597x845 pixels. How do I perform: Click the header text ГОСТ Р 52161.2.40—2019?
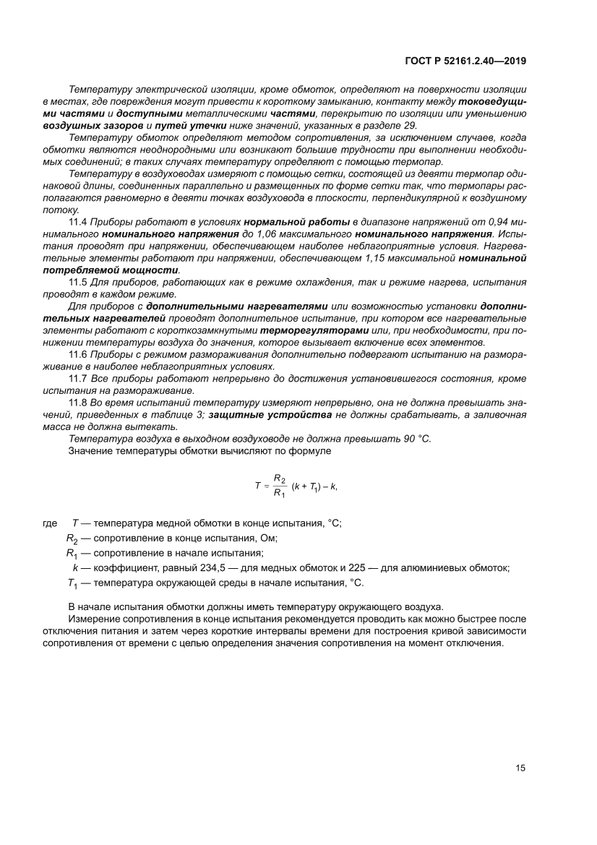tap(465, 61)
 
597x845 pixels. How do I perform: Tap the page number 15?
tap(520, 768)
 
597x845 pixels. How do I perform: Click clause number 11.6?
tap(77, 354)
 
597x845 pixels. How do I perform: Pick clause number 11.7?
tap(77, 377)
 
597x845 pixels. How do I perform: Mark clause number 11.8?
tap(77, 401)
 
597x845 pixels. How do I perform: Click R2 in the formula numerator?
tap(280, 479)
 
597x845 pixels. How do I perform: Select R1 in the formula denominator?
tap(280, 494)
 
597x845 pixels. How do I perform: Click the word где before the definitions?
tap(50, 523)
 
